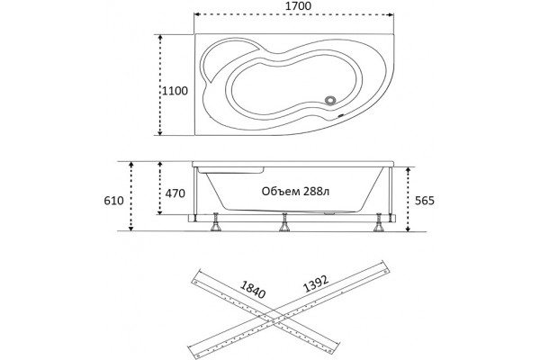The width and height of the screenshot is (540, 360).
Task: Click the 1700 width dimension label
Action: (298, 6)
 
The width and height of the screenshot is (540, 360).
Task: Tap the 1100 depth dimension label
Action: (175, 91)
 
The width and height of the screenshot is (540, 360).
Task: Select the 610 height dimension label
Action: (113, 200)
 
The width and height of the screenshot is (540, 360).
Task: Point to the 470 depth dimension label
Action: (175, 193)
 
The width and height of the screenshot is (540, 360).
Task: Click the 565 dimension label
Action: (425, 200)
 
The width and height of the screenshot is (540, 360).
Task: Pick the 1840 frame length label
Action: (253, 290)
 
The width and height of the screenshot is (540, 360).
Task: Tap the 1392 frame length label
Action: (316, 283)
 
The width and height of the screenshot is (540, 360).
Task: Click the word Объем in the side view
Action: (281, 191)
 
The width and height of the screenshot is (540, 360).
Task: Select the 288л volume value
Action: (316, 191)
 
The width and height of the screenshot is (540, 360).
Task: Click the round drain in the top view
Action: (330, 100)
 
